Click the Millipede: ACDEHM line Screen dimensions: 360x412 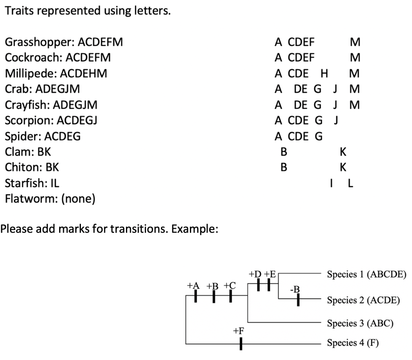coord(56,74)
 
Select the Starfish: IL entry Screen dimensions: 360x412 coord(32,184)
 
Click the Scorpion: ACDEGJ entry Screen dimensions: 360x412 coord(51,121)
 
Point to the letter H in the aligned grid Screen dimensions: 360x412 coord(324,74)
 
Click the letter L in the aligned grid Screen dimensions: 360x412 coord(350,184)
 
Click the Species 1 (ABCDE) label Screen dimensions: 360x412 coord(367,274)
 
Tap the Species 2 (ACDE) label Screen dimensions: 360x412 coord(363,300)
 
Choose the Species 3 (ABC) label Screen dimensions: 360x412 coord(360,323)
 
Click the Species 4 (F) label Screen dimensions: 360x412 coord(352,343)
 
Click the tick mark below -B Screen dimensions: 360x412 coord(298,300)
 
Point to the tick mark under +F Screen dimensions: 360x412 coord(240,343)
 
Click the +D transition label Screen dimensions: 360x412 coord(255,274)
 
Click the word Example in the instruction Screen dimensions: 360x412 coord(196,230)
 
